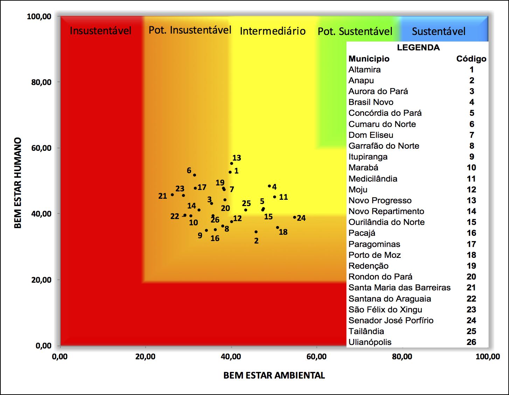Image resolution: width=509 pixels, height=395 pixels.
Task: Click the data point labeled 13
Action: coord(231,163)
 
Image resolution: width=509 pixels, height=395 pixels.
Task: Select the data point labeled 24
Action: coord(294,217)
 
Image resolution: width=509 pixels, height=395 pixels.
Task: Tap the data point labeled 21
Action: coord(172,195)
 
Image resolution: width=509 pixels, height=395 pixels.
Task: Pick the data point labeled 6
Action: coord(195,175)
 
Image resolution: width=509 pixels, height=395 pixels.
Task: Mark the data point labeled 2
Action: coord(256,232)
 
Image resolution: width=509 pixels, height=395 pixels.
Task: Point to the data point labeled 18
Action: coord(278,227)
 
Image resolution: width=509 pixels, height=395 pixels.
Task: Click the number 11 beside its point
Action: coord(284,197)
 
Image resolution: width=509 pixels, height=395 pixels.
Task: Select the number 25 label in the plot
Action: coord(246,204)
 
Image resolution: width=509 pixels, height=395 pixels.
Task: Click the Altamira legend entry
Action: coord(364,70)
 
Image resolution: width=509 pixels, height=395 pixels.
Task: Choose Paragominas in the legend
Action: coord(374,244)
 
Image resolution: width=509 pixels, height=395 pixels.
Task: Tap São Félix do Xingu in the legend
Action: coord(385,310)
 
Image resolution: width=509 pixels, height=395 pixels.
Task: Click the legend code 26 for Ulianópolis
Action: coord(471,342)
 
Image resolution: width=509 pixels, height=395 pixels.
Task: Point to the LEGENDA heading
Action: coord(418,48)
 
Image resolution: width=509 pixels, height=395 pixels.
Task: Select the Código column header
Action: coord(471,59)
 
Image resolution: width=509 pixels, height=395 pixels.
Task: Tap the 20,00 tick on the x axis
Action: coord(145,357)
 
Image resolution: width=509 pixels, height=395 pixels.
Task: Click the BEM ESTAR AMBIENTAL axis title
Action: coord(274,375)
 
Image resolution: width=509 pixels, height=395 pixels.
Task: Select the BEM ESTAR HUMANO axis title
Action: coord(18,183)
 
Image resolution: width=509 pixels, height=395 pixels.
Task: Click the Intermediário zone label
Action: coord(273,31)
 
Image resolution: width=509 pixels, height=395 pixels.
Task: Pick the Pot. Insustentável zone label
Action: coord(190,30)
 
